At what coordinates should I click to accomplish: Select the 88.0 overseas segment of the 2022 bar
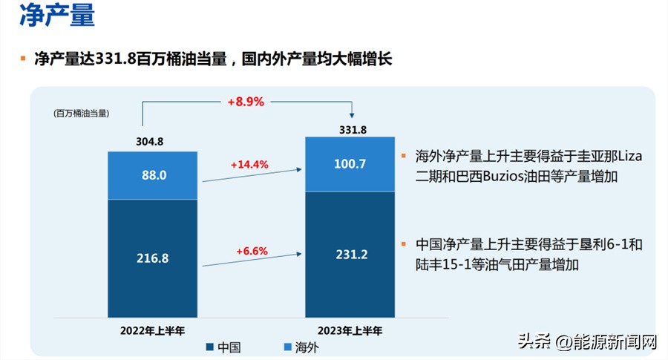[x=152, y=175]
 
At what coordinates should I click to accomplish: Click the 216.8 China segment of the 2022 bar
[x=152, y=258]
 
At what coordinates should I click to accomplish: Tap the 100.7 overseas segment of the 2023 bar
[x=350, y=164]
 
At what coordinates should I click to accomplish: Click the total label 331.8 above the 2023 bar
[x=350, y=129]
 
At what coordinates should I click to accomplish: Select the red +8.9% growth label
[x=246, y=102]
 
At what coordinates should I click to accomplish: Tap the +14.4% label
[x=249, y=164]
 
